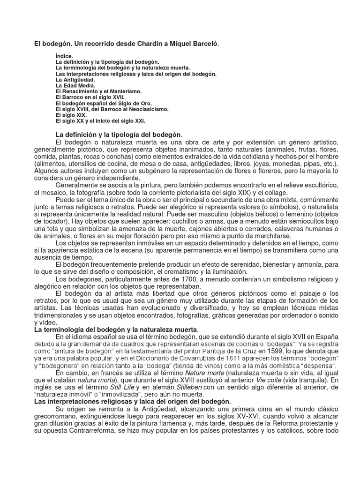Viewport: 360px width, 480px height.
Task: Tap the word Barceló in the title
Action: coord(204,44)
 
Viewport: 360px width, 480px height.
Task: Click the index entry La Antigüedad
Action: coord(75,80)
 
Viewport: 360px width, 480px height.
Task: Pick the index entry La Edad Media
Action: coord(75,86)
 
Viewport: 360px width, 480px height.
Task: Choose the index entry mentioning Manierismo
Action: coord(91,91)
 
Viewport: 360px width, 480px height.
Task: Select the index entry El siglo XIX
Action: coord(70,115)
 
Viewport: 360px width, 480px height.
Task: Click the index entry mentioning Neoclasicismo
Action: coord(112,109)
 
